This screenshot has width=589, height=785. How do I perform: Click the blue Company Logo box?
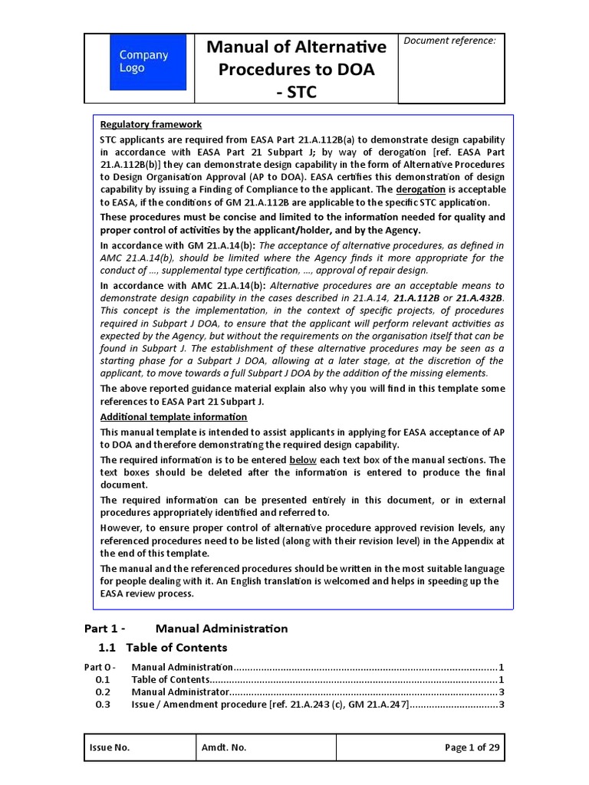(148, 62)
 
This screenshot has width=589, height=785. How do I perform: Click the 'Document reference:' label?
(449, 41)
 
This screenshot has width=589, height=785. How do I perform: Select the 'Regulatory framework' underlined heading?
(151, 124)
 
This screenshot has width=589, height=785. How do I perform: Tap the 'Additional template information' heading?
(174, 417)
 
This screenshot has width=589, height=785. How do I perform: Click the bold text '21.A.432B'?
(480, 297)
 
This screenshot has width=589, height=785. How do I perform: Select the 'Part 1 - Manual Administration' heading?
(186, 629)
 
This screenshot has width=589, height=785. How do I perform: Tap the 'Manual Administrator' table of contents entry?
(180, 692)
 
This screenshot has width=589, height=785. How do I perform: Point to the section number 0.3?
(103, 705)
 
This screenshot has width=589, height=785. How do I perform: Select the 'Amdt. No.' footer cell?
(224, 748)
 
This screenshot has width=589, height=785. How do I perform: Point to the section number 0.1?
(103, 680)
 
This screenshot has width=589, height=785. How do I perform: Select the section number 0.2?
(103, 692)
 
